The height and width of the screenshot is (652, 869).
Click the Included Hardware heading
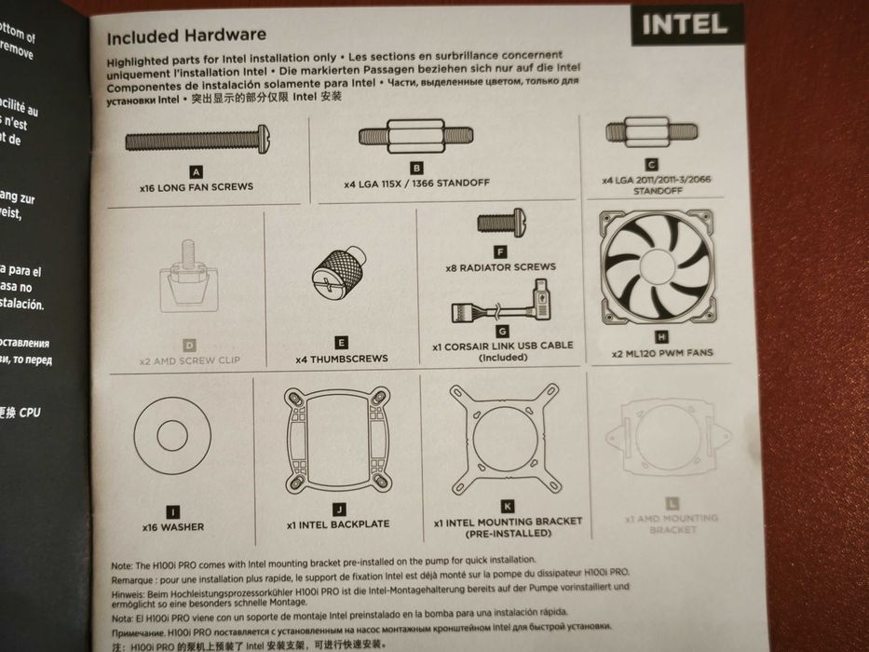pyautogui.click(x=186, y=36)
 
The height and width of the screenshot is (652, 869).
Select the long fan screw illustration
pyautogui.click(x=197, y=141)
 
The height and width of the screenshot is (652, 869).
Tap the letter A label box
pyautogui.click(x=196, y=172)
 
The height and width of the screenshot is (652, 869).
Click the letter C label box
pyautogui.click(x=651, y=164)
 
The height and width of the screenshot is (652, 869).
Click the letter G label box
pyautogui.click(x=502, y=331)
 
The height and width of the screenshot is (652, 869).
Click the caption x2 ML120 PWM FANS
pyautogui.click(x=661, y=354)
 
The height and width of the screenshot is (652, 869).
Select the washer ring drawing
pyautogui.click(x=173, y=436)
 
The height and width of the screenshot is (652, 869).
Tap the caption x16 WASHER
pyautogui.click(x=173, y=526)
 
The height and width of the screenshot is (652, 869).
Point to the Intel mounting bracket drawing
pyautogui.click(x=504, y=438)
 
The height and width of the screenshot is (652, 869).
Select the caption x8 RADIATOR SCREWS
pyautogui.click(x=501, y=267)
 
